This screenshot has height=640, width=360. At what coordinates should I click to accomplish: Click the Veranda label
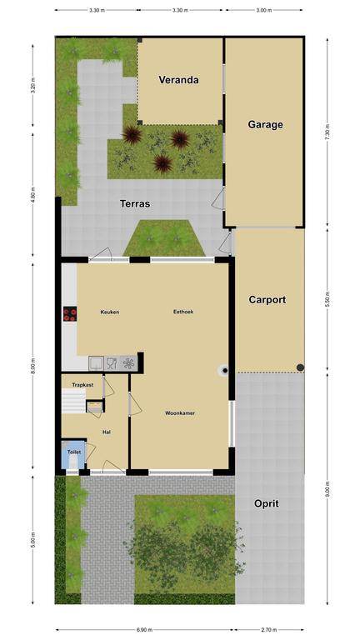[x=178, y=80]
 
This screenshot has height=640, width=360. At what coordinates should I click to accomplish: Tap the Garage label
[x=265, y=124]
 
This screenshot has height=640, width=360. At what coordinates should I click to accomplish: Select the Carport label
[x=267, y=300]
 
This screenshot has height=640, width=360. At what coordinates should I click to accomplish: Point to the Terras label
[x=135, y=203]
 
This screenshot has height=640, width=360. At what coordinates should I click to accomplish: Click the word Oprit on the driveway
[x=267, y=503]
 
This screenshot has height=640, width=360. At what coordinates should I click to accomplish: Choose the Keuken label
[x=110, y=312]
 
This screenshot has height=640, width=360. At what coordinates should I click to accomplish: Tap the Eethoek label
[x=183, y=312]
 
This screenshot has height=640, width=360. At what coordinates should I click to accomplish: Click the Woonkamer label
[x=180, y=413]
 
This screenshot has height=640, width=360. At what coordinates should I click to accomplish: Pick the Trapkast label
[x=82, y=385]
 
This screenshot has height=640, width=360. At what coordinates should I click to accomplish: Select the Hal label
[x=107, y=432]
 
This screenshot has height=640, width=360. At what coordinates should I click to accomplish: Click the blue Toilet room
[x=73, y=455]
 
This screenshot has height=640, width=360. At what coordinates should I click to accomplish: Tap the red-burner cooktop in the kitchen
[x=70, y=313]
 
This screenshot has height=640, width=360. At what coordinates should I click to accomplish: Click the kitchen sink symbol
[x=97, y=362]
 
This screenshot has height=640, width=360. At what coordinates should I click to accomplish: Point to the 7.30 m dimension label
[x=327, y=133]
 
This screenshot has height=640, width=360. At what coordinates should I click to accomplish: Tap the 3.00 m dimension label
[x=263, y=10]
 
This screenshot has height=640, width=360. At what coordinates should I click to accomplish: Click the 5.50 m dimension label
[x=327, y=301]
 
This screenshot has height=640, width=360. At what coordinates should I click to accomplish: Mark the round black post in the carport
[x=300, y=367]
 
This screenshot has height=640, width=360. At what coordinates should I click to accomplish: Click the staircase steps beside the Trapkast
[x=73, y=401]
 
